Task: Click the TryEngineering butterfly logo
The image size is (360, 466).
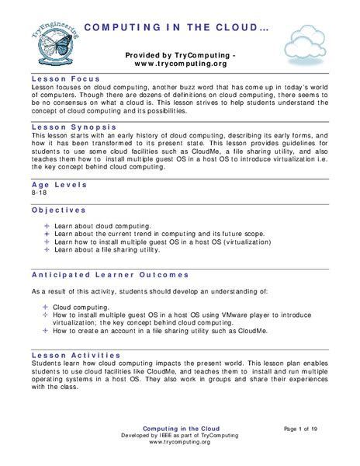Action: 48,43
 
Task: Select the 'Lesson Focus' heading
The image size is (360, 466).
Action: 63,79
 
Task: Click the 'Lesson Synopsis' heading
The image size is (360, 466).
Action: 74,125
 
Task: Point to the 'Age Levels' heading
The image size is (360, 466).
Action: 59,186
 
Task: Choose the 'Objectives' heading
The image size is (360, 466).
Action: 59,210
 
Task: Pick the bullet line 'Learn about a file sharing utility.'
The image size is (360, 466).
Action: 107,250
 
